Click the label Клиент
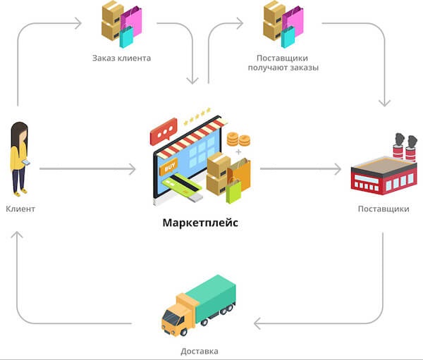tap(20, 209)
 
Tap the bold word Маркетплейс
tap(200, 223)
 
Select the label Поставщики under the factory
tap(383, 209)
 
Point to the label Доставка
tap(200, 351)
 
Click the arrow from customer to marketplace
tap(85, 169)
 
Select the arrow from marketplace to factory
tap(303, 169)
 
